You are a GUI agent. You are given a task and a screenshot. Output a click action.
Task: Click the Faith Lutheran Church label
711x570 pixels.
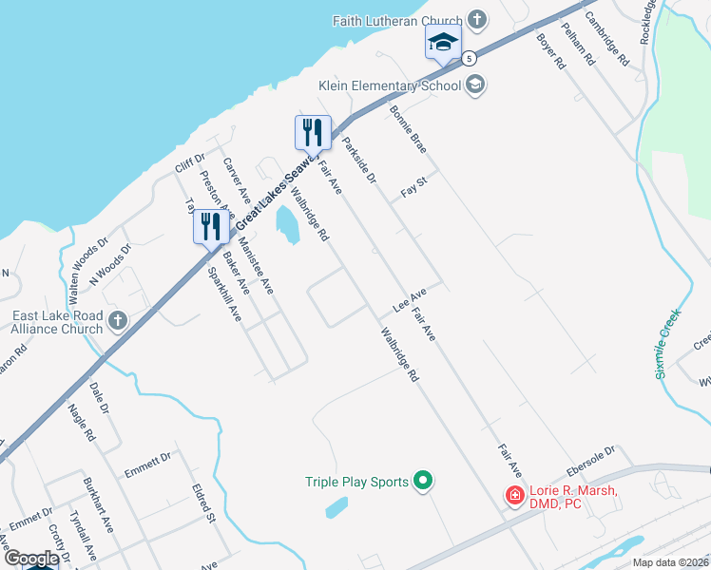click(x=397, y=20)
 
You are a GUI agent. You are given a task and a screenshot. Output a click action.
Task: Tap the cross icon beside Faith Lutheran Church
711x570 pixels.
click(x=478, y=20)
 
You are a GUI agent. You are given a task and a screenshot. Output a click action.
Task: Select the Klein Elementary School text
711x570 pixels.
click(x=390, y=85)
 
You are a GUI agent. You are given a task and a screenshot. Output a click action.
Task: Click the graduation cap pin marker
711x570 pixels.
click(x=443, y=44)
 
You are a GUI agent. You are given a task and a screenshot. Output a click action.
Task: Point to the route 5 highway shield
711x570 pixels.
click(x=470, y=59)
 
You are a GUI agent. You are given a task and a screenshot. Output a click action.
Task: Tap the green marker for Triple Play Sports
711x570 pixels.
click(x=424, y=482)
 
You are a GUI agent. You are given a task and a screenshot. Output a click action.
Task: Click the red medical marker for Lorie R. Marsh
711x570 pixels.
click(x=514, y=495)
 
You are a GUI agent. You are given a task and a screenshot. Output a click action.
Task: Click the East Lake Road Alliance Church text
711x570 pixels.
click(x=57, y=322)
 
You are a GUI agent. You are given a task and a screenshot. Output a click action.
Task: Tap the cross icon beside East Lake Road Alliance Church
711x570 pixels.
click(x=117, y=320)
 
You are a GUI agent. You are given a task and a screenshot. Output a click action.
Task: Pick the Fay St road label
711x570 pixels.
click(x=411, y=191)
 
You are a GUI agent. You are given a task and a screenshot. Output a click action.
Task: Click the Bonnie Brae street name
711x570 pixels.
click(x=408, y=129)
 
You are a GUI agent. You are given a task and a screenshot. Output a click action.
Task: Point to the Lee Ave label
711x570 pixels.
click(x=408, y=303)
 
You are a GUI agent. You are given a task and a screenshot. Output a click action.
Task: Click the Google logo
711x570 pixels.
click(x=31, y=559)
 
